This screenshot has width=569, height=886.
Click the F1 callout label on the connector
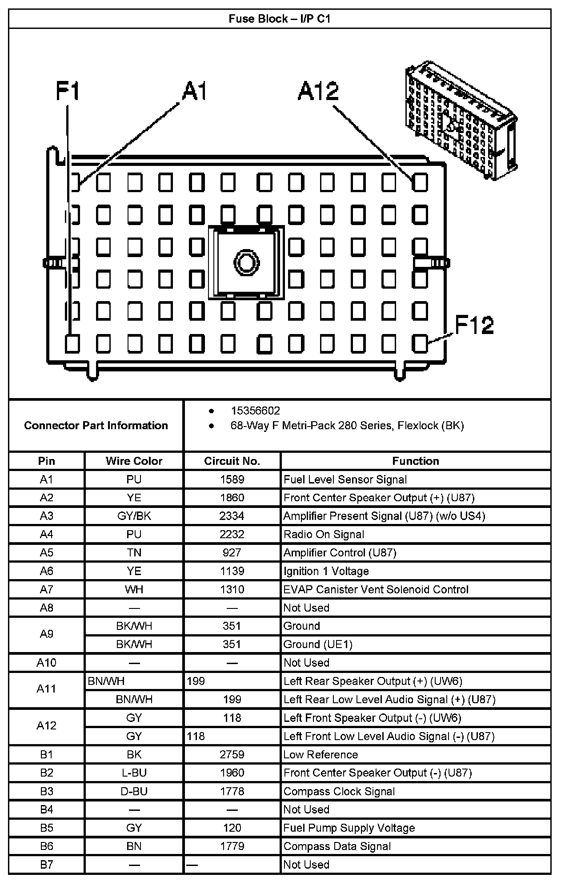click(68, 92)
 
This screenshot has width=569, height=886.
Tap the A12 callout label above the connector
click(318, 92)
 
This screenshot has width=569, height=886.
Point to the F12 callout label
click(474, 325)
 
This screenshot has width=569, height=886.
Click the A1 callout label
click(194, 92)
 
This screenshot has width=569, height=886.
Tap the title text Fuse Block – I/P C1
click(280, 19)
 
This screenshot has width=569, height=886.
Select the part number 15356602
click(255, 411)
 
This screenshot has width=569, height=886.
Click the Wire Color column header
click(134, 461)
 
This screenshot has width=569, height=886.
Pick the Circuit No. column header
click(232, 461)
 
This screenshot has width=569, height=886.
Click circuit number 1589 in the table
click(232, 479)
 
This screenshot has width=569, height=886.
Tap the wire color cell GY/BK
click(134, 516)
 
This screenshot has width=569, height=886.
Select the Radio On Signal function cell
click(324, 534)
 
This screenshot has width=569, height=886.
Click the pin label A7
click(46, 589)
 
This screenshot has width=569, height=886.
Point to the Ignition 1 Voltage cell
click(326, 571)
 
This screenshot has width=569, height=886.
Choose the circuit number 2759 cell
click(232, 755)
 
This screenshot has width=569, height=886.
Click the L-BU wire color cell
click(134, 773)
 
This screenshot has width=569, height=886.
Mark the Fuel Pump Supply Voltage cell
click(349, 828)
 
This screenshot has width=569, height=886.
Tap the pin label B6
click(46, 846)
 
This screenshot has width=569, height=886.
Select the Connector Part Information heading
click(96, 426)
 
